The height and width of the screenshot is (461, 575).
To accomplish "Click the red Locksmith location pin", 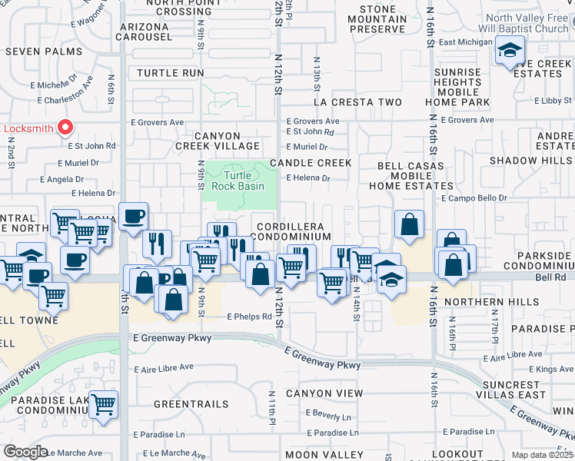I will (66, 128).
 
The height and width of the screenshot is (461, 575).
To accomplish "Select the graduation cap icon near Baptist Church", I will (509, 51).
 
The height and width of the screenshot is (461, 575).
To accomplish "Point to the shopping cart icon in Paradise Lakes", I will (103, 404).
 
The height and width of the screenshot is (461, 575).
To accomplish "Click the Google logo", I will (25, 452).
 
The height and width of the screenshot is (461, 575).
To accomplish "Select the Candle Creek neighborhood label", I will (310, 163).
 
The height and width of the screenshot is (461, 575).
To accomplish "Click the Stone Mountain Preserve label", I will (377, 19).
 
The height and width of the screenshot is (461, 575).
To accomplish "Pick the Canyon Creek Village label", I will (228, 141).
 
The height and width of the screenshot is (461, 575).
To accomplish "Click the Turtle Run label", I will (171, 73).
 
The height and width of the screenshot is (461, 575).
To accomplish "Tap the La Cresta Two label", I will (357, 102).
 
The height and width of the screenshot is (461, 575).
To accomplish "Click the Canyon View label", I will (324, 393).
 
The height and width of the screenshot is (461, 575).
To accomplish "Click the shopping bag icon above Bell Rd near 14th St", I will (409, 225).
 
